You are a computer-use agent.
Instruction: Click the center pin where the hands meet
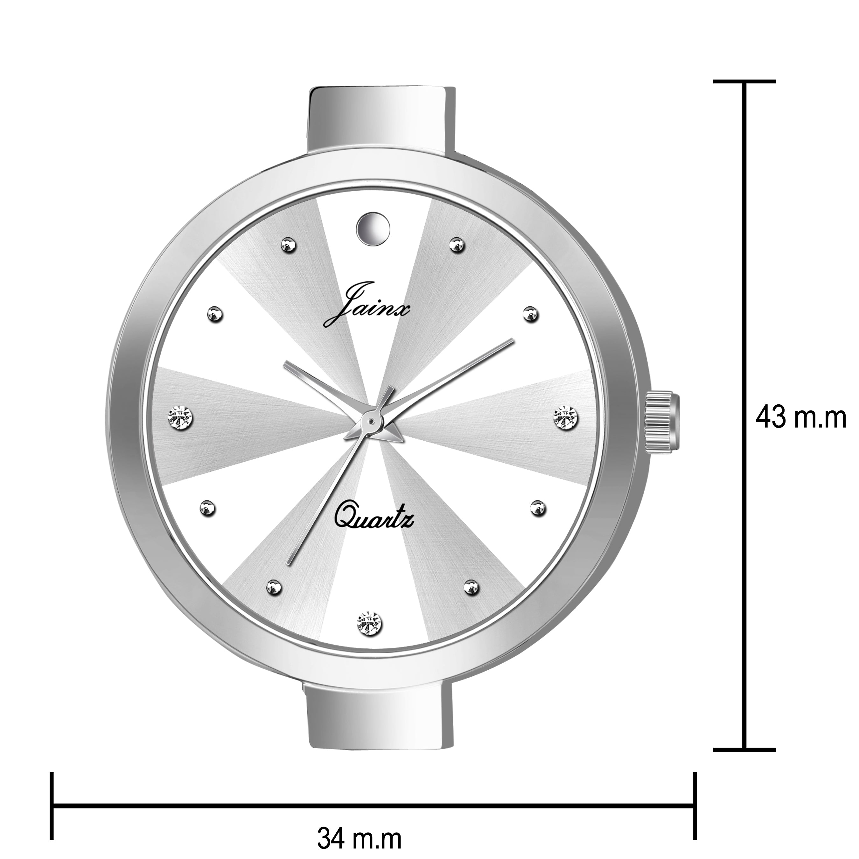pyautogui.click(x=370, y=420)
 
